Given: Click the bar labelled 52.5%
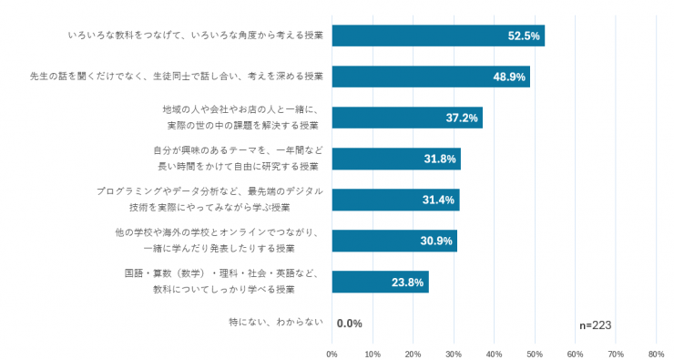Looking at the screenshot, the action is coord(438,36).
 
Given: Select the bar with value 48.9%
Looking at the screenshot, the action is coord(431,77).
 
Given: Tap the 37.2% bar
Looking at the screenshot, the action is coord(407,118).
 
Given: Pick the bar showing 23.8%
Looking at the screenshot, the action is coord(380,283).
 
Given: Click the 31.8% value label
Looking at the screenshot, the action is coord(440,159).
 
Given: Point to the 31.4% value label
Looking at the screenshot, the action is coord(438,200).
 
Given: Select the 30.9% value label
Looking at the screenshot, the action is coord(436,241).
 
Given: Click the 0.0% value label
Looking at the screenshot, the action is coord(350,324).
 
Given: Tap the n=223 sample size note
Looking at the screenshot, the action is coord(596,325).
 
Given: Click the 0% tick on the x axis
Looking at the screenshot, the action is coord(332,355).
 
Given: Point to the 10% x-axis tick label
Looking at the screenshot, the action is coord(373,355).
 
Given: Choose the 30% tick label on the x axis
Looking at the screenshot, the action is coord(454,355).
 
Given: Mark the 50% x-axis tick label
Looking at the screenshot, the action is coord(535,355).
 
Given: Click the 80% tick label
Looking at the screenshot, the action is coord(657,355).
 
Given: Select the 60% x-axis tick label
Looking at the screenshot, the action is coord(575,355).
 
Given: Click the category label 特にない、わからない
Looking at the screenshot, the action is coord(276,322).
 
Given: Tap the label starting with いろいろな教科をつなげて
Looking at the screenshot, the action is coord(196,36).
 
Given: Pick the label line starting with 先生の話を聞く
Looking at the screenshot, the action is coord(176,77).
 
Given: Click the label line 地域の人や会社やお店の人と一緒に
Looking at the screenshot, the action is coord(240,109).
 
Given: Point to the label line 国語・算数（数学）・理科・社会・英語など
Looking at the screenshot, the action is coord(222,273).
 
